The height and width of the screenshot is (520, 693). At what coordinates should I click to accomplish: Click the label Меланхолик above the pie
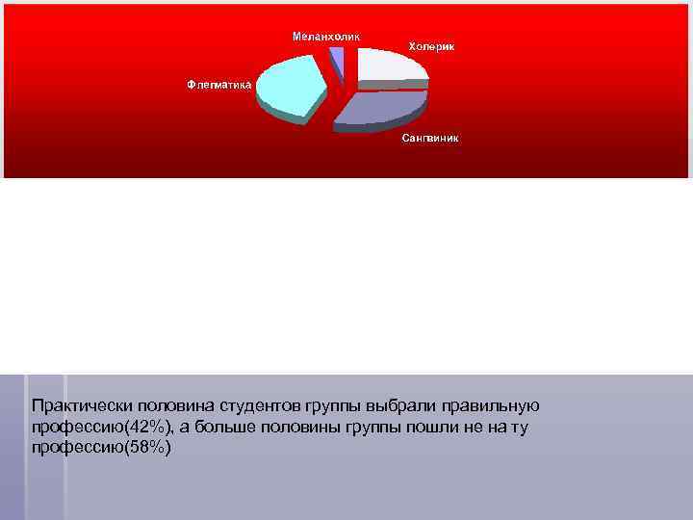point(326,37)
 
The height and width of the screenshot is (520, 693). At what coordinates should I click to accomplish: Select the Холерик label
point(432,46)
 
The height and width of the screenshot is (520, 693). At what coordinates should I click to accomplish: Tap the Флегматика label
point(219,84)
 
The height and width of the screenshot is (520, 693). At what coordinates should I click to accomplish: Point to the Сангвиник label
point(430,138)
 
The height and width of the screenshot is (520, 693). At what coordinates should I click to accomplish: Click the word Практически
point(78,406)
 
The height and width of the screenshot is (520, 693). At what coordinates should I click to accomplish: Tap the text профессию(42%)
point(100,428)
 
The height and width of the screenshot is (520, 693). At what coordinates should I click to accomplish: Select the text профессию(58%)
point(100,449)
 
